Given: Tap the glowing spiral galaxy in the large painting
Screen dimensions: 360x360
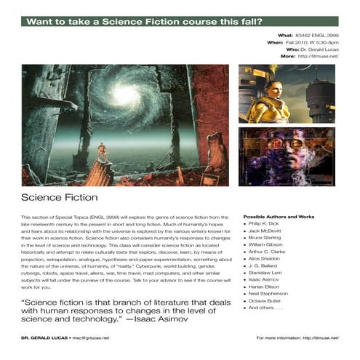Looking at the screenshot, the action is [126, 95].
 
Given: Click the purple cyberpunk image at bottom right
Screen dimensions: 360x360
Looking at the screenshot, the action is [286, 157].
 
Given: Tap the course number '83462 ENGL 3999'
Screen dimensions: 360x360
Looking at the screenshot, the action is [316, 35].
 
